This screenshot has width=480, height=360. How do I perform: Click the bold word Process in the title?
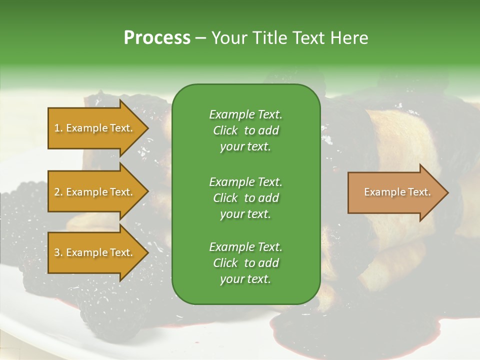click(157, 37)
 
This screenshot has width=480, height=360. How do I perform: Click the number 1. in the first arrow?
click(58, 128)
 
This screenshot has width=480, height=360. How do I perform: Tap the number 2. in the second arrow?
click(58, 192)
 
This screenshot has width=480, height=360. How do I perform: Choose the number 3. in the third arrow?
click(58, 252)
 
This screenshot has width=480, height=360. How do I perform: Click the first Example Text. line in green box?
click(245, 114)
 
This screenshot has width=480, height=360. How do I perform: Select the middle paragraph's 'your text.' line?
click(245, 214)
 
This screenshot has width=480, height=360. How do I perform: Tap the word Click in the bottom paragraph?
click(225, 263)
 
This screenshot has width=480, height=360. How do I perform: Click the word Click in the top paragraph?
click(225, 130)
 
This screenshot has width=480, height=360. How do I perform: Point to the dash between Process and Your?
click(201, 38)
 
